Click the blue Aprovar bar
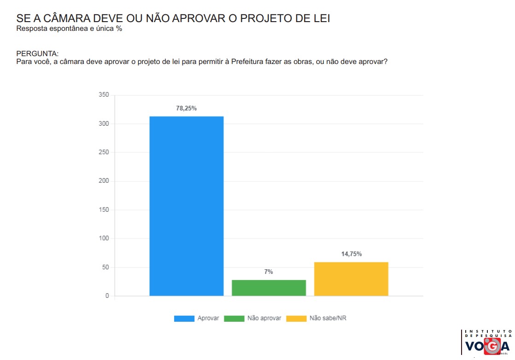point(187,206)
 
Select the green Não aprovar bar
point(269,287)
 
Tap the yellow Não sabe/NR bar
point(351,279)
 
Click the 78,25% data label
point(186,108)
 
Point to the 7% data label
point(269,272)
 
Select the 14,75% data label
point(351,254)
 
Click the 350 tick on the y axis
point(104,95)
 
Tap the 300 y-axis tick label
point(104,124)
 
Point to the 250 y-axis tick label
point(104,152)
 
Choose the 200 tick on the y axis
point(104,181)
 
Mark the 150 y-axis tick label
point(104,210)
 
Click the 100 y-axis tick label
point(104,238)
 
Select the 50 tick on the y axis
point(105,267)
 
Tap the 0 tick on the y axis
point(107,296)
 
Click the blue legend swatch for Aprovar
point(184,319)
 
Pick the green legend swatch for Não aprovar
point(234,319)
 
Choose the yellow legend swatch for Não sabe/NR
point(296,319)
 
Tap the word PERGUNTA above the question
point(37,53)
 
